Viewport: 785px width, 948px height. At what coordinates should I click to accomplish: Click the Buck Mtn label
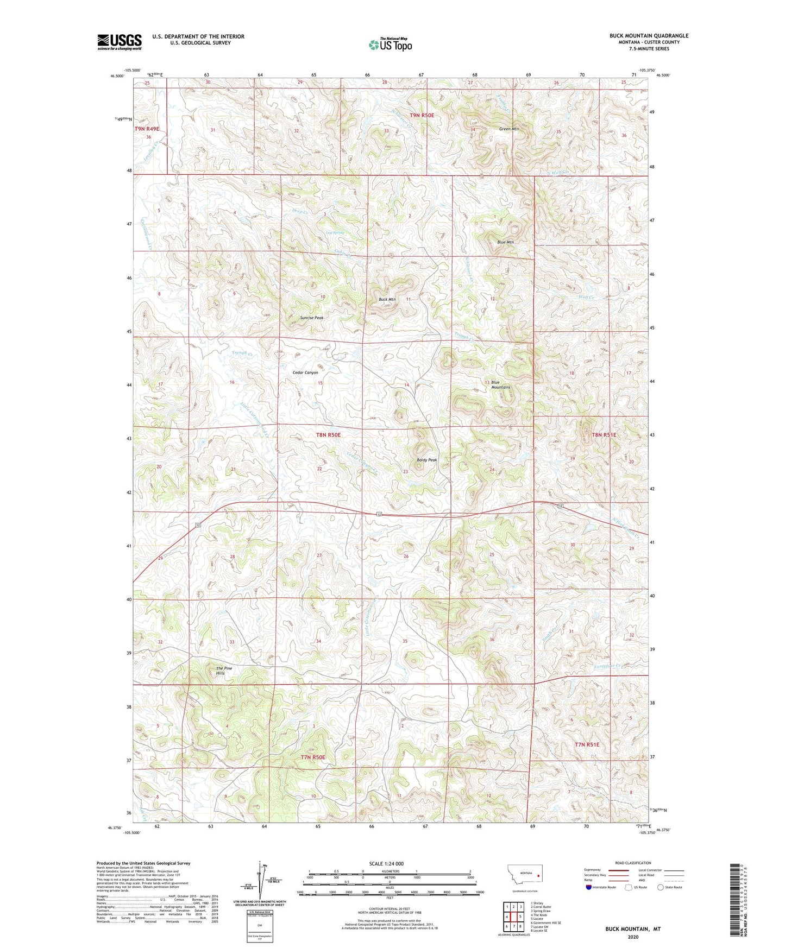point(387,300)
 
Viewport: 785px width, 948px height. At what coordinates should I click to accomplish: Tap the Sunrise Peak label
point(312,318)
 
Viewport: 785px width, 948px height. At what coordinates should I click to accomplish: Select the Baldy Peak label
point(426,460)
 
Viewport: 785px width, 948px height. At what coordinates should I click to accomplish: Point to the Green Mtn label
point(509,129)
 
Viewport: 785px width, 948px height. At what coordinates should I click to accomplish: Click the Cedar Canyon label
point(305,372)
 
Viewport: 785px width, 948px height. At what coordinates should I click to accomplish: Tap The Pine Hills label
point(223,671)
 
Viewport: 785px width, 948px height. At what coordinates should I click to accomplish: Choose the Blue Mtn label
point(505,242)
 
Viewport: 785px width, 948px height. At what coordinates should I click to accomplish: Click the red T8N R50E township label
point(328,435)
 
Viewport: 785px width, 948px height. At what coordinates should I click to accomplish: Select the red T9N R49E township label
point(147,129)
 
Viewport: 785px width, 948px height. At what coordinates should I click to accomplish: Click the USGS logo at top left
point(120,42)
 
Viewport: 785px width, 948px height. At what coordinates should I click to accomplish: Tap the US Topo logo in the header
point(390,45)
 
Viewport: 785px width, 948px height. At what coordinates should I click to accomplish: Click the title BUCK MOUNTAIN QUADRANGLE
point(649,36)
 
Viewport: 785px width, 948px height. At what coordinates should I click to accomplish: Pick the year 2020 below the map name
point(633,937)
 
